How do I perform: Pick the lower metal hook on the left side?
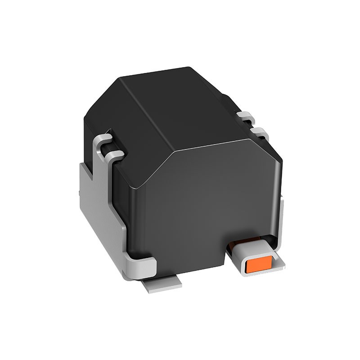pos(113,156)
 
